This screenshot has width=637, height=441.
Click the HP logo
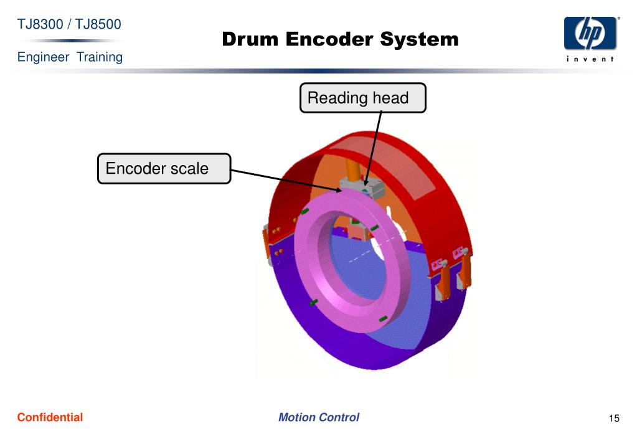590,34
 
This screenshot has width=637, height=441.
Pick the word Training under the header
100,57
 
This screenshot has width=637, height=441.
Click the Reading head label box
362,98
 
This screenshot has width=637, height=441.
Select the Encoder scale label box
164,169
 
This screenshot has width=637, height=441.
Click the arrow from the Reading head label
373,146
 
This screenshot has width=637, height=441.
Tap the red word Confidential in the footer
50,417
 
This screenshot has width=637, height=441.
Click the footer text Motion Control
318,417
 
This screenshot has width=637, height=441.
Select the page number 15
614,418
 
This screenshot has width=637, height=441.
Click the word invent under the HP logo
590,59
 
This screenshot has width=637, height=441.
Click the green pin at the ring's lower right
383,320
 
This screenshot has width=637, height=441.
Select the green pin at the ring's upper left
304,212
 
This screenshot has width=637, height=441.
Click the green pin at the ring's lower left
314,303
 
